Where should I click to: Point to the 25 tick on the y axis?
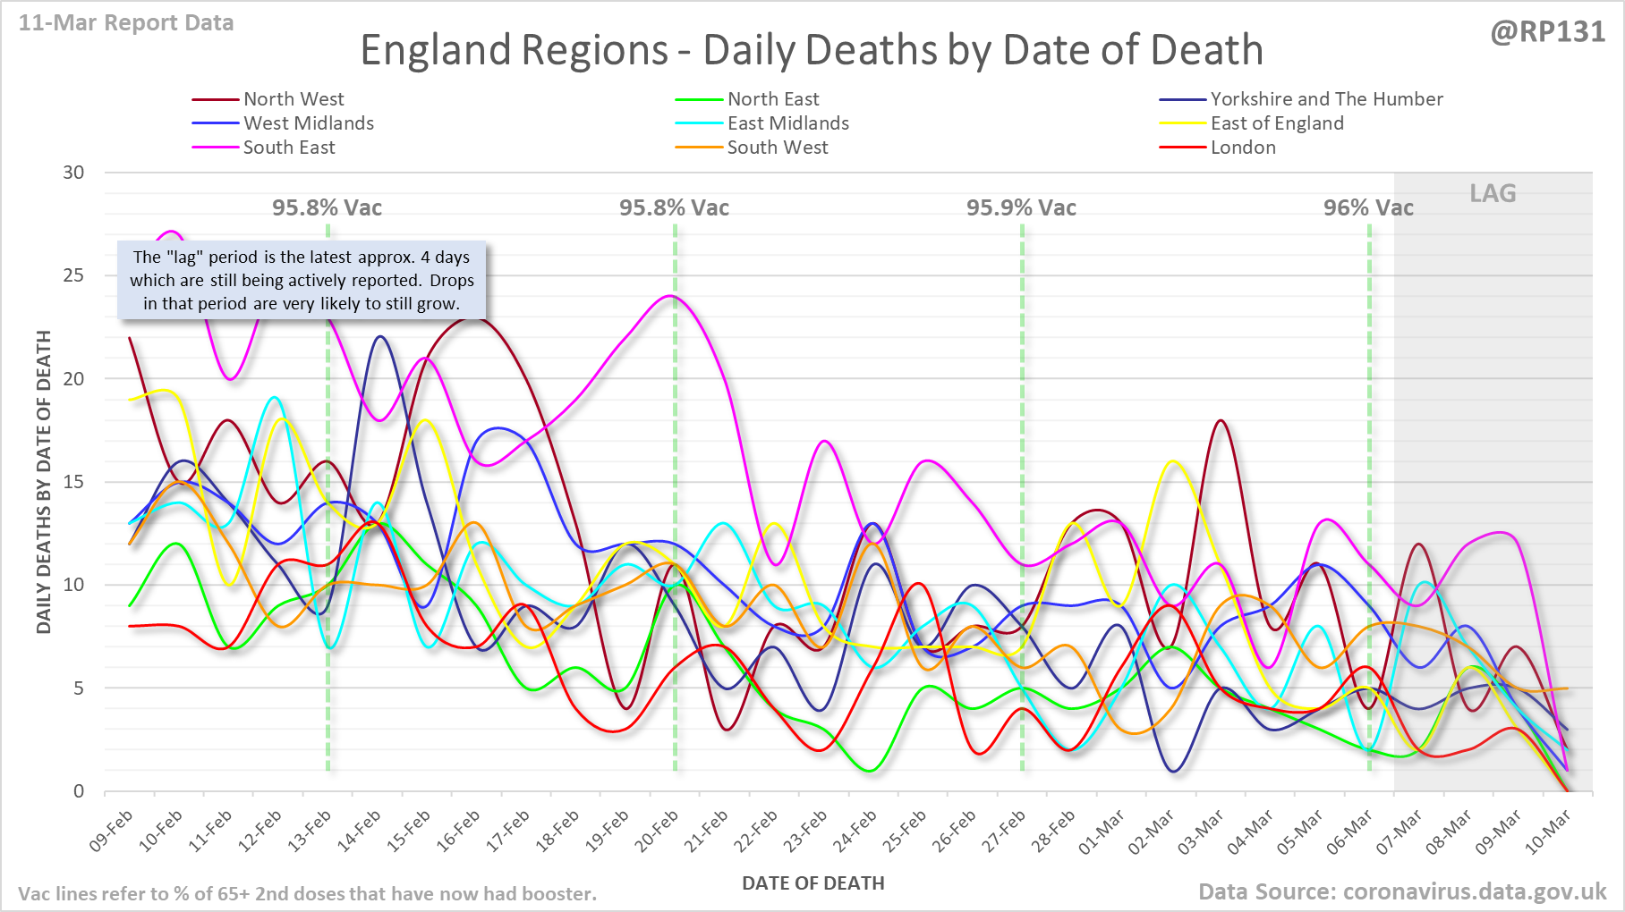pyautogui.click(x=73, y=275)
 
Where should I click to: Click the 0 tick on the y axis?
pyautogui.click(x=79, y=791)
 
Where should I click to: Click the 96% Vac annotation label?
pyautogui.click(x=1368, y=208)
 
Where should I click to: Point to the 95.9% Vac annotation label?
pyautogui.click(x=1021, y=208)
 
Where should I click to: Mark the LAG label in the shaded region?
pyautogui.click(x=1493, y=193)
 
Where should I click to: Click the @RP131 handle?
pyautogui.click(x=1547, y=32)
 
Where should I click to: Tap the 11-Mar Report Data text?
pyautogui.click(x=126, y=23)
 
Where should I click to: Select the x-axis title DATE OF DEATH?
pyautogui.click(x=812, y=883)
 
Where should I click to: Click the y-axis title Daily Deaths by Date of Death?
pyautogui.click(x=44, y=482)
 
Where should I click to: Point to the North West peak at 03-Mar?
pyautogui.click(x=1221, y=420)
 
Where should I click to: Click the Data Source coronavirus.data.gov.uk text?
pyautogui.click(x=1402, y=891)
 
